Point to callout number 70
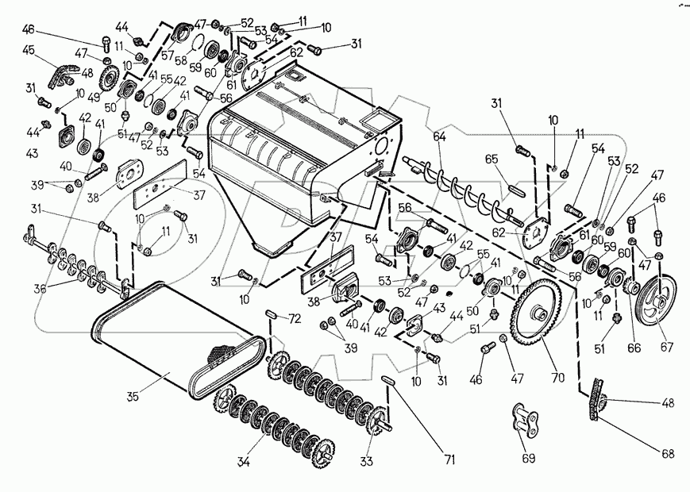(x=557, y=377)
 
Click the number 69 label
(x=528, y=459)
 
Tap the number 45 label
(x=29, y=51)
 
